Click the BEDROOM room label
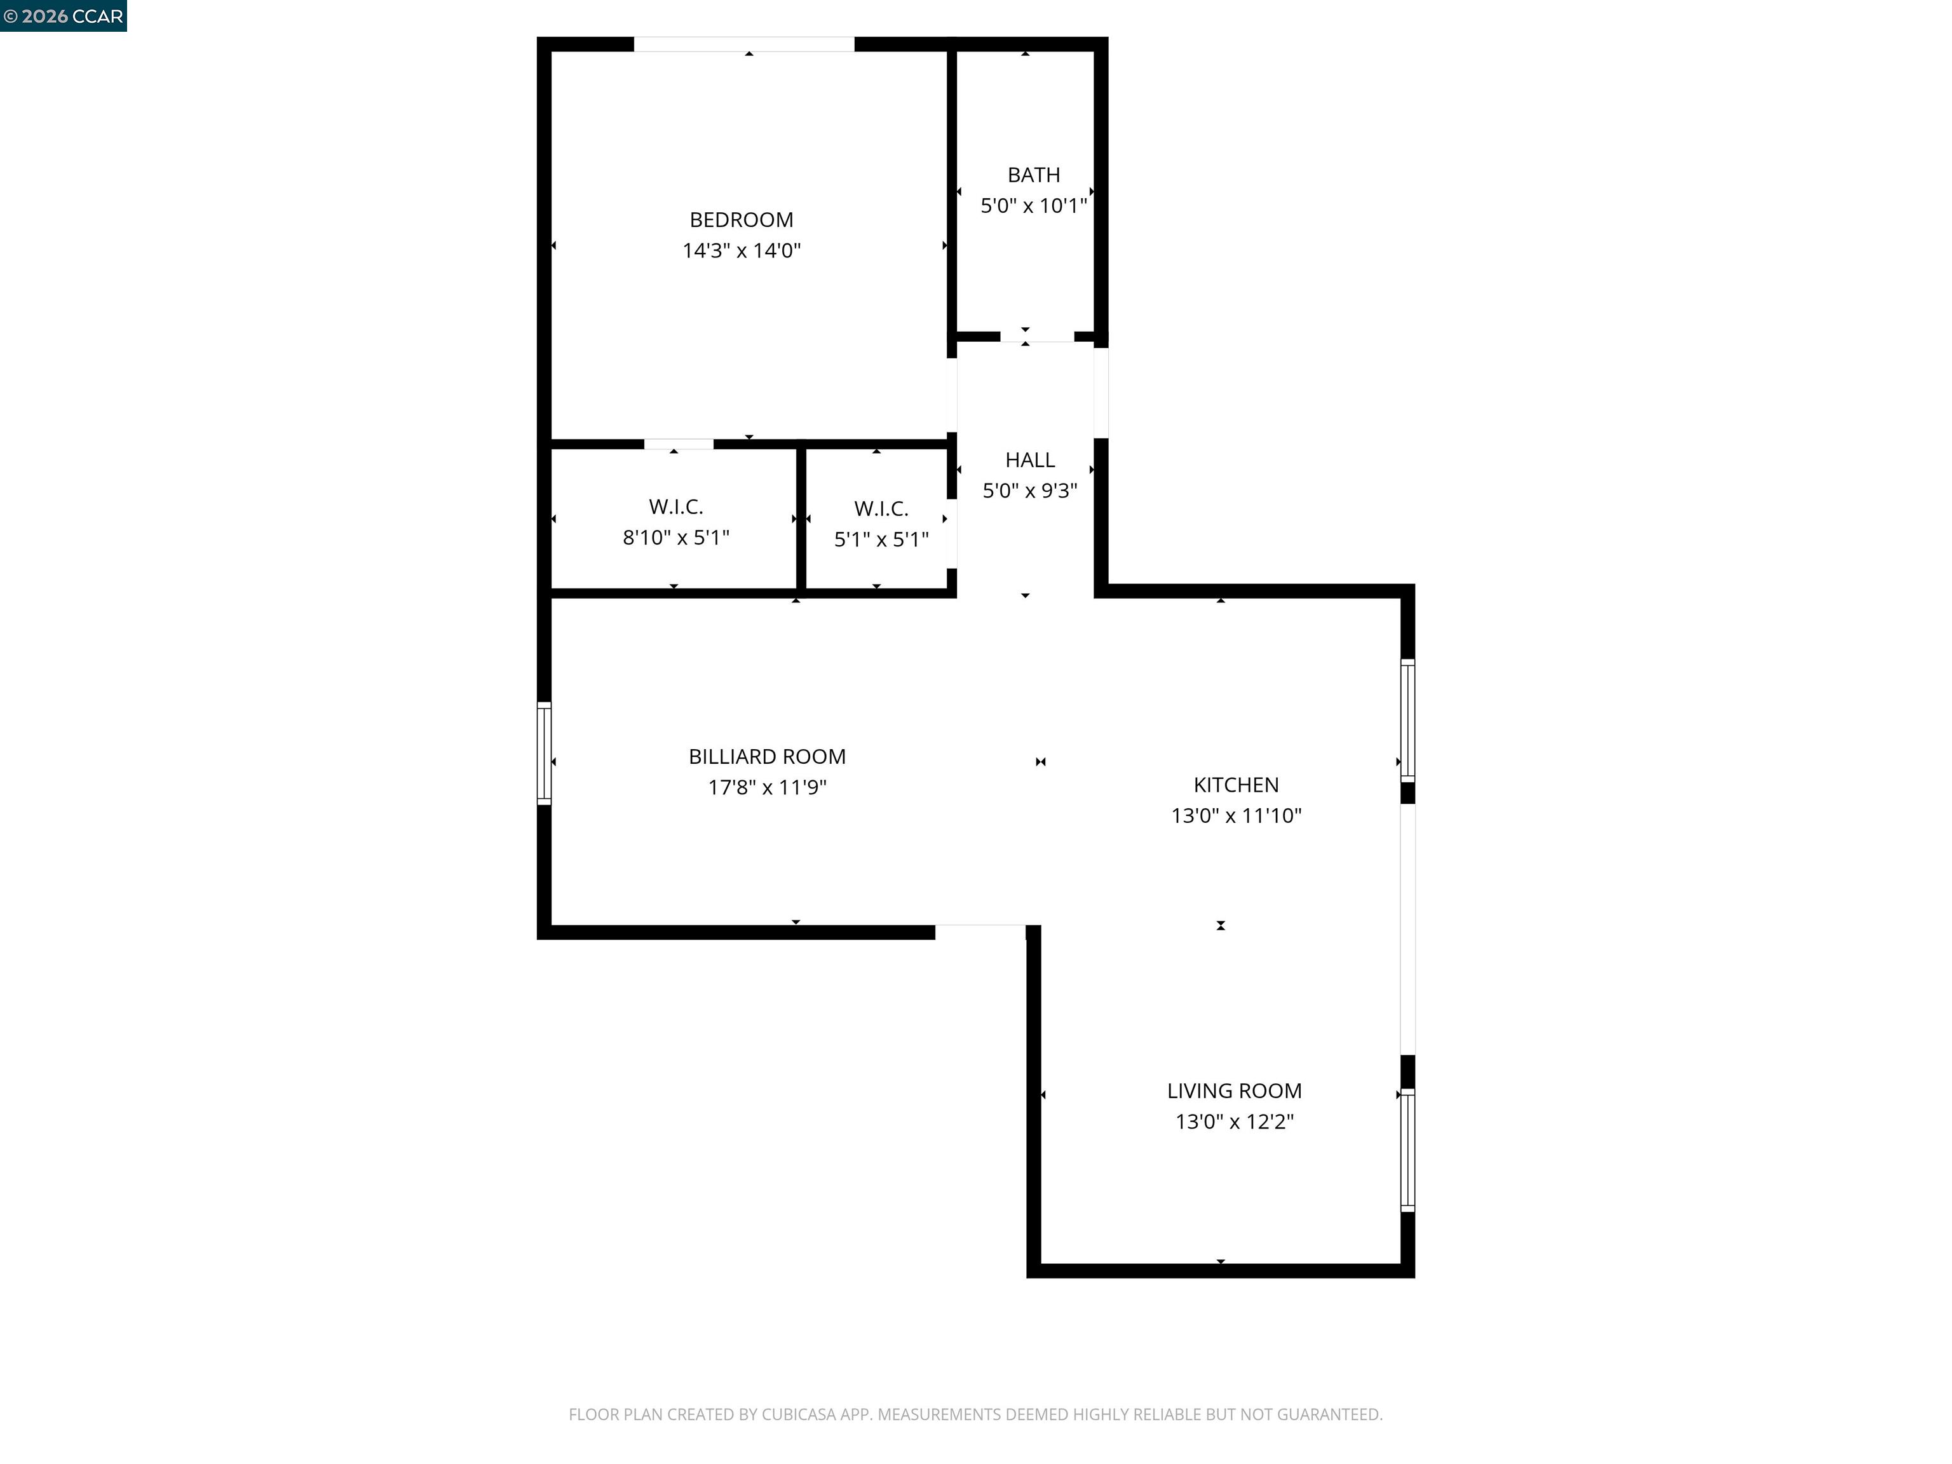tap(742, 220)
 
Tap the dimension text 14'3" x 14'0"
tap(742, 250)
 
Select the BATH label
tap(1033, 175)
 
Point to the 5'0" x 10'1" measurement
tap(1033, 206)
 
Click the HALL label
tap(1030, 460)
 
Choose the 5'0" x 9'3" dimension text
tap(1030, 491)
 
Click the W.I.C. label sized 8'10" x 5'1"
tap(676, 506)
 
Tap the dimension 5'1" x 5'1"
tap(881, 539)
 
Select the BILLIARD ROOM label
tap(767, 756)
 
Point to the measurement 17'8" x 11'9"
tap(767, 787)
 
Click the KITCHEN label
tap(1235, 785)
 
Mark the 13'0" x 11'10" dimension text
tap(1235, 815)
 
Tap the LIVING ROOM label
tap(1234, 1091)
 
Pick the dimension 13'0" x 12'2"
tap(1234, 1122)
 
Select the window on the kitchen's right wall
tap(1407, 720)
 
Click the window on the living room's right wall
tap(1407, 1150)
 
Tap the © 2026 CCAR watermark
tap(63, 16)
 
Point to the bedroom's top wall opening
tap(744, 44)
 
